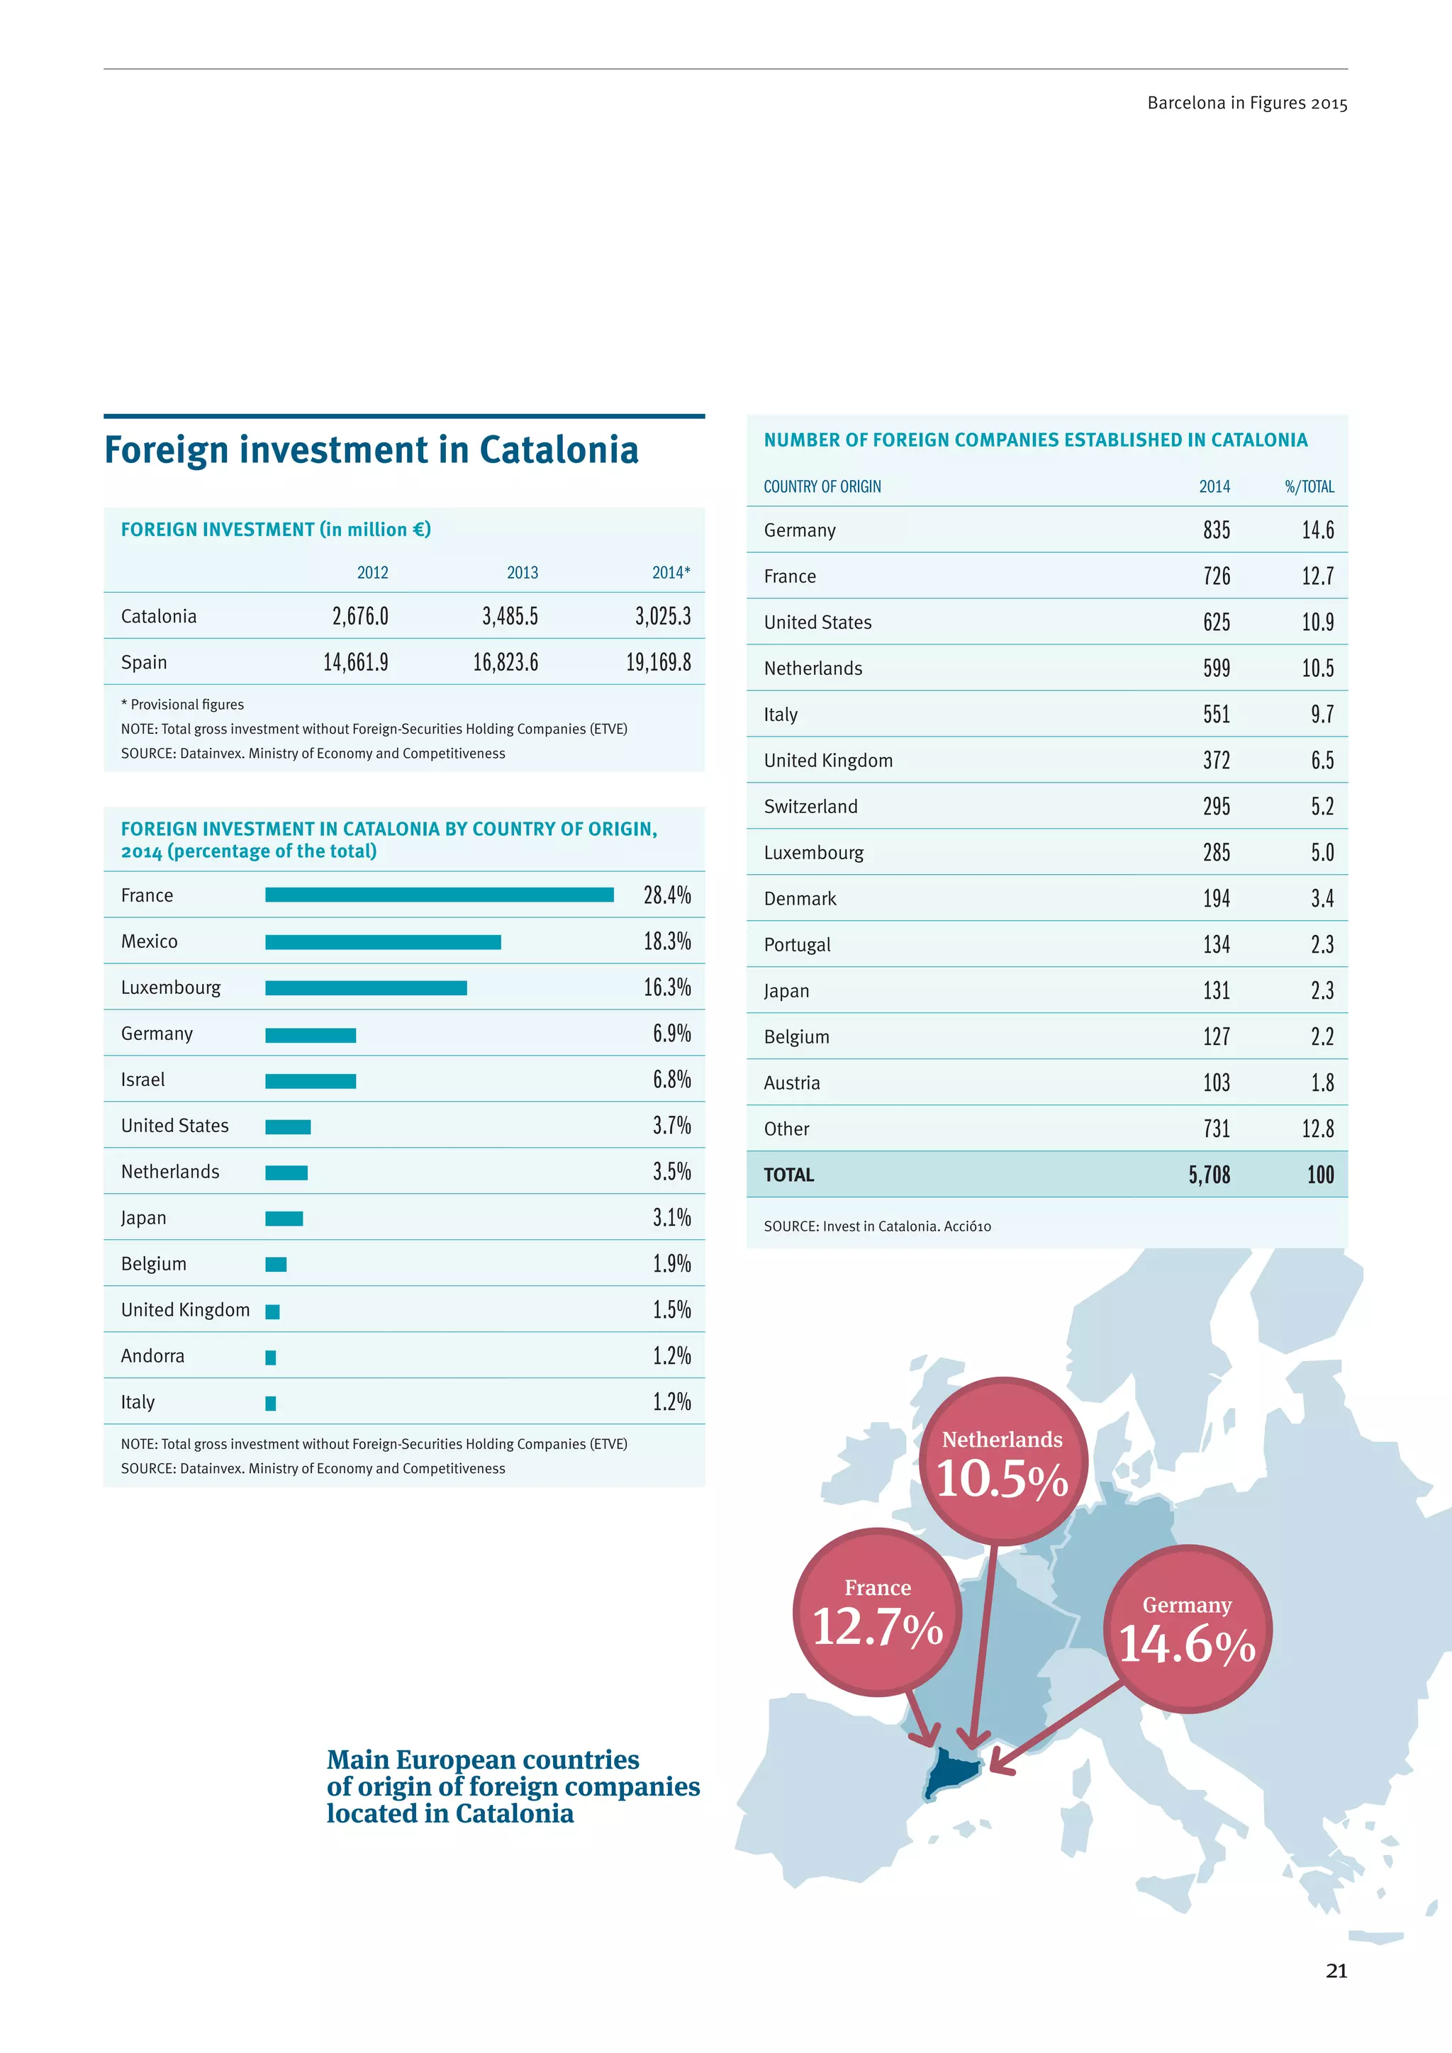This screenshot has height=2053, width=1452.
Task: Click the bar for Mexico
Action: (x=383, y=941)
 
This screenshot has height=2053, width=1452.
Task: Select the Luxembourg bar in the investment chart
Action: (x=366, y=988)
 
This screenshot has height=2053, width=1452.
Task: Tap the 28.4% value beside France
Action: (x=667, y=895)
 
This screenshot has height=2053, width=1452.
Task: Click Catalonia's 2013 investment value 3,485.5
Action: (x=510, y=616)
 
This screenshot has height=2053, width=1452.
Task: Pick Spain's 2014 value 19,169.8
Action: (x=658, y=663)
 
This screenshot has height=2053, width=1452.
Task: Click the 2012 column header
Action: (x=373, y=572)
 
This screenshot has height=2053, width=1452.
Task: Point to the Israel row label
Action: (x=143, y=1079)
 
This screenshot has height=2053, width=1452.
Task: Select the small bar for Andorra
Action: (x=271, y=1358)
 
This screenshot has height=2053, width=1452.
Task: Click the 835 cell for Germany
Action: (x=1216, y=530)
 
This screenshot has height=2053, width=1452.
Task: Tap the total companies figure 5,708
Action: (x=1209, y=1175)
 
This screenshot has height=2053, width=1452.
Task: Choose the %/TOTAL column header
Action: (x=1309, y=486)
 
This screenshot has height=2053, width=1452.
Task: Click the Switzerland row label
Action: (x=810, y=807)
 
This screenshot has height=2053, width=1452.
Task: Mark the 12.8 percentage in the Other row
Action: (x=1317, y=1129)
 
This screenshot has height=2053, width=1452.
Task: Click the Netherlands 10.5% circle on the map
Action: (x=1003, y=1461)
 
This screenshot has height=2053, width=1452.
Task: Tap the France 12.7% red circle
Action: (x=877, y=1611)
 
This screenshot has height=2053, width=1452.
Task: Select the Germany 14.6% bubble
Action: (x=1188, y=1628)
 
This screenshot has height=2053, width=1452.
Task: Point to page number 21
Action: (x=1336, y=1971)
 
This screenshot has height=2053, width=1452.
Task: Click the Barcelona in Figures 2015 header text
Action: (x=1246, y=103)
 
